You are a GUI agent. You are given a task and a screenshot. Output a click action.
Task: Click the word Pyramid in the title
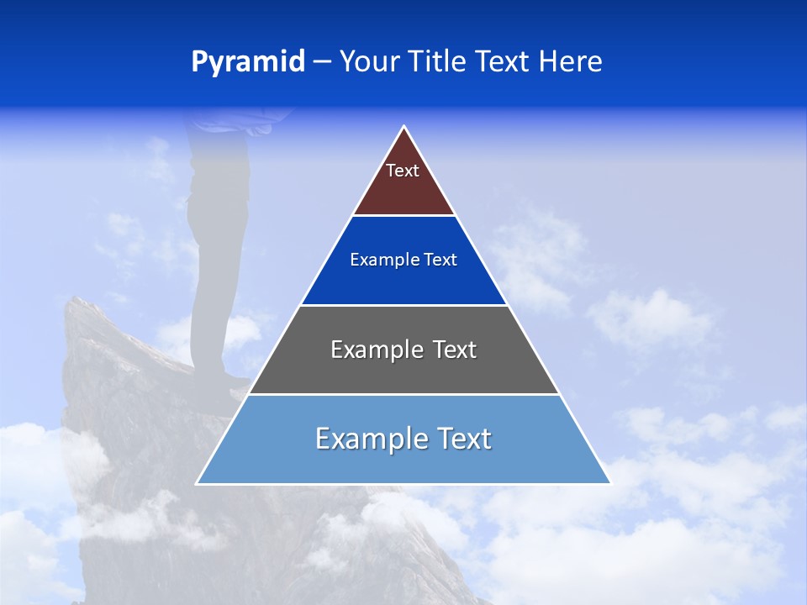[248, 61]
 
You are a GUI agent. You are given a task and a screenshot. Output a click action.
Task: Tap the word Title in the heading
[440, 61]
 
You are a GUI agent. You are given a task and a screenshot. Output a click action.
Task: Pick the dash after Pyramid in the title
[321, 62]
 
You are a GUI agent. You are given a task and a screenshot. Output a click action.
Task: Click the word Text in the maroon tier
[403, 171]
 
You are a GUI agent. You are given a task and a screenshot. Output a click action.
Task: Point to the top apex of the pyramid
[404, 128]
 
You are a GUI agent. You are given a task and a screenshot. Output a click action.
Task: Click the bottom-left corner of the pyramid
[198, 483]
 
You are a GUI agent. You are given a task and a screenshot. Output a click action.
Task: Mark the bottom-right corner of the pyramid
[609, 483]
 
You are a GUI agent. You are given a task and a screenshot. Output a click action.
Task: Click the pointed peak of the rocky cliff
[74, 300]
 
